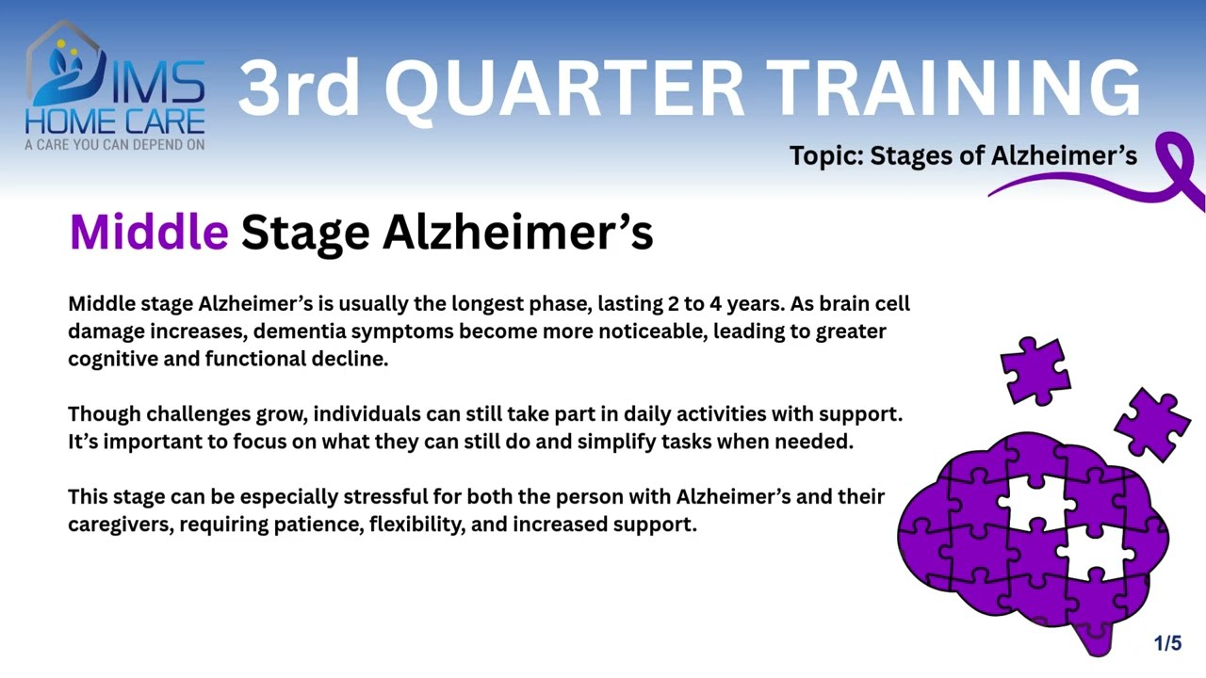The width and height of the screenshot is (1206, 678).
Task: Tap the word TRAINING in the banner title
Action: (x=953, y=88)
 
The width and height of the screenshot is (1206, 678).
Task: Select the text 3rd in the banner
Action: (x=299, y=88)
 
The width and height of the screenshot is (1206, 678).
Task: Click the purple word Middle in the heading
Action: (x=149, y=232)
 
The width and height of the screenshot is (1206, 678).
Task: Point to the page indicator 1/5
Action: (x=1167, y=644)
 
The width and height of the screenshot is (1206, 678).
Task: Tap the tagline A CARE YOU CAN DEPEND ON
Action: (x=114, y=145)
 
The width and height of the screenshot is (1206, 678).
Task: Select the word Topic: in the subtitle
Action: (x=826, y=155)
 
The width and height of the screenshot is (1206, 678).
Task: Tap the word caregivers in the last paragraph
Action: (x=121, y=524)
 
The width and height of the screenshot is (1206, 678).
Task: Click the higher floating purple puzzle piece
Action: (x=1035, y=370)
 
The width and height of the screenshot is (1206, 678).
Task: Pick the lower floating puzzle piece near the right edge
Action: (x=1151, y=424)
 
